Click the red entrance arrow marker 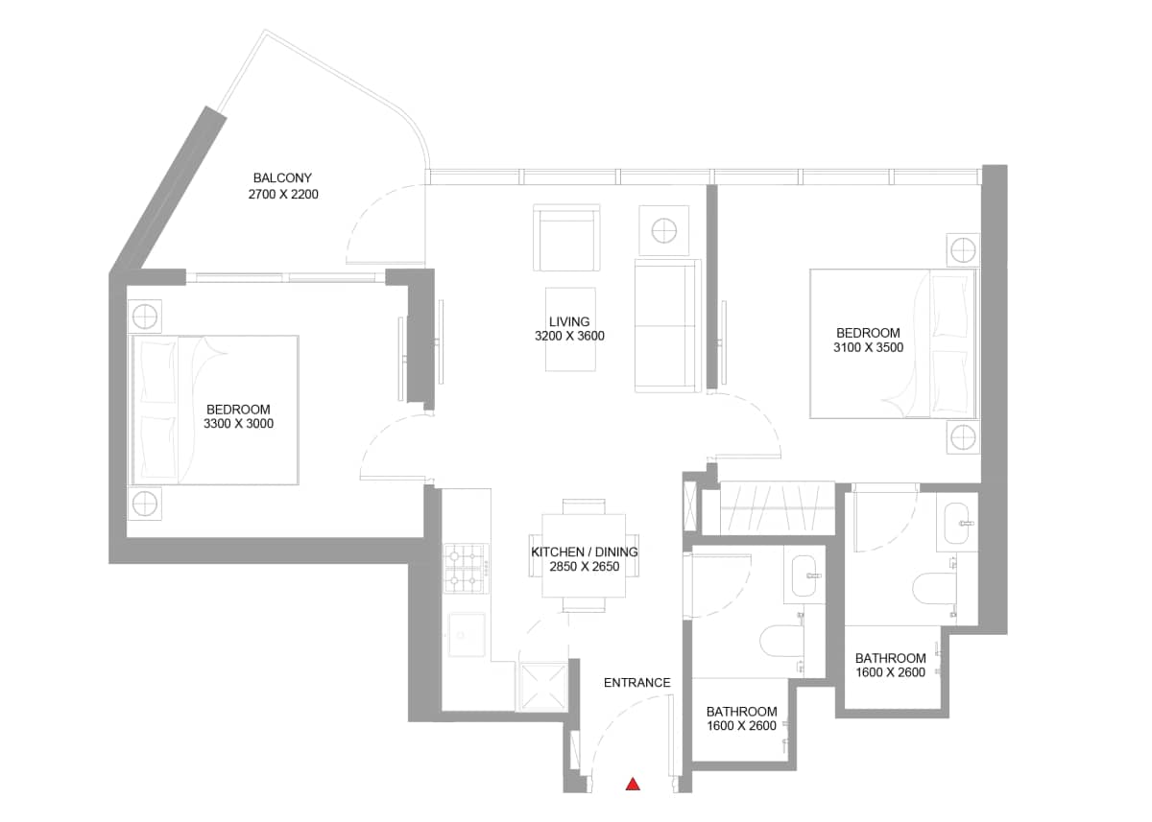click(633, 784)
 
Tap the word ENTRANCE click(636, 683)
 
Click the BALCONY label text click(282, 177)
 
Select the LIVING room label click(569, 321)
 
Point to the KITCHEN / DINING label click(584, 552)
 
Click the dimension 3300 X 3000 click(239, 423)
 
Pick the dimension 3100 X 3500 click(868, 348)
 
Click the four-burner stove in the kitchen click(466, 568)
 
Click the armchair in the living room click(566, 240)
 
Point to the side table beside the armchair click(663, 230)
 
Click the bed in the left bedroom click(216, 410)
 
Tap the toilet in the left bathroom click(780, 639)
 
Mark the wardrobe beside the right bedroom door click(776, 507)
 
